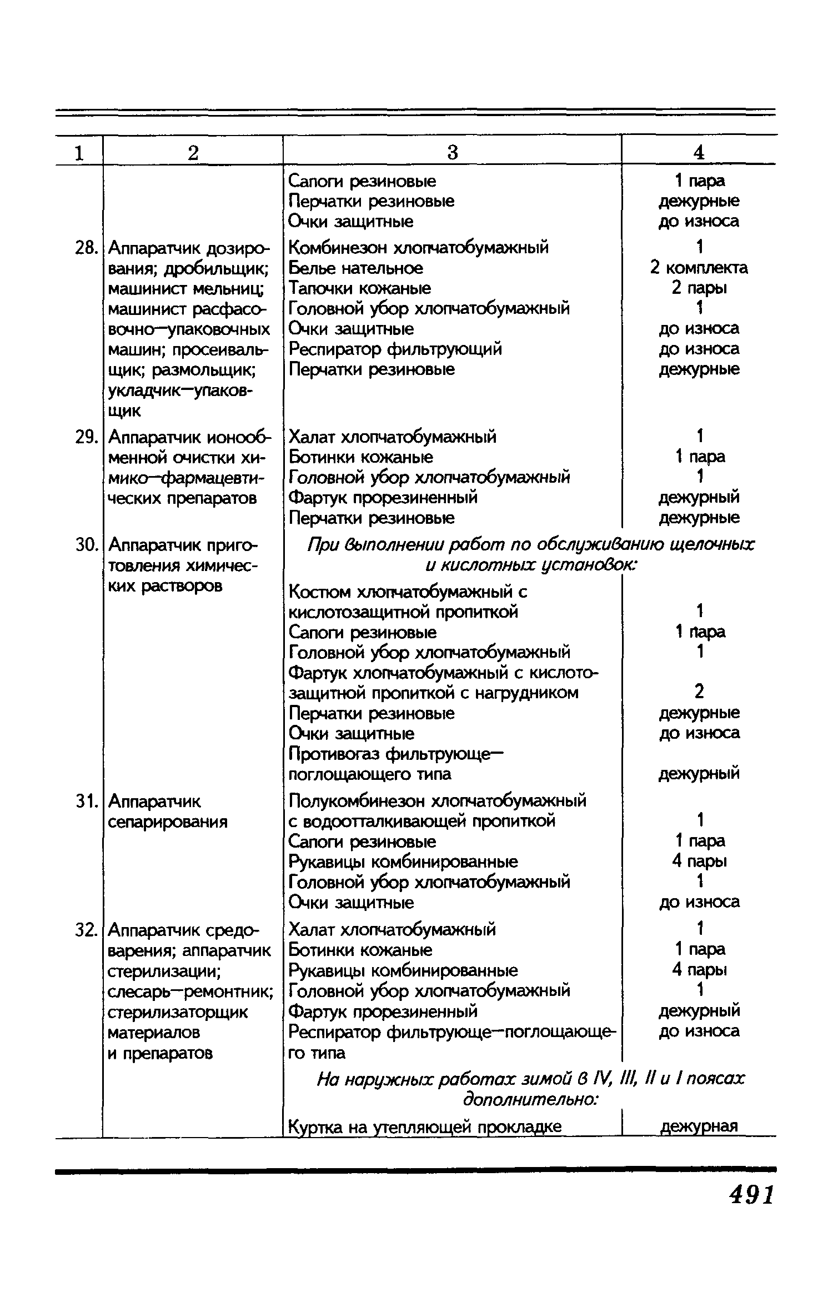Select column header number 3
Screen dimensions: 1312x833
click(453, 152)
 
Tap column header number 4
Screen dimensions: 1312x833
click(699, 152)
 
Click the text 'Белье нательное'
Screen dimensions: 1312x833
click(356, 268)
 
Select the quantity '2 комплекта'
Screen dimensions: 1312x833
click(699, 268)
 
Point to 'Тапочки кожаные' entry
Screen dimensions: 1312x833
click(360, 288)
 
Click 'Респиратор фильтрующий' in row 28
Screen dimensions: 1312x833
click(395, 349)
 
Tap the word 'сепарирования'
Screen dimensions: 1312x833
click(168, 822)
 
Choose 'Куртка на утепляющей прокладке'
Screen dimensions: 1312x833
click(425, 1126)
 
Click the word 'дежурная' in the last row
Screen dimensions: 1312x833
click(699, 1126)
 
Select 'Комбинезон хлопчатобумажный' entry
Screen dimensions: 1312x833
click(419, 247)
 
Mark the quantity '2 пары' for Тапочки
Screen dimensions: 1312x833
click(699, 288)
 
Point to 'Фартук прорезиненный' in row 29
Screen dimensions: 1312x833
click(383, 497)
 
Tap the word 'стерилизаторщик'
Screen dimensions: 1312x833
click(178, 1012)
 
